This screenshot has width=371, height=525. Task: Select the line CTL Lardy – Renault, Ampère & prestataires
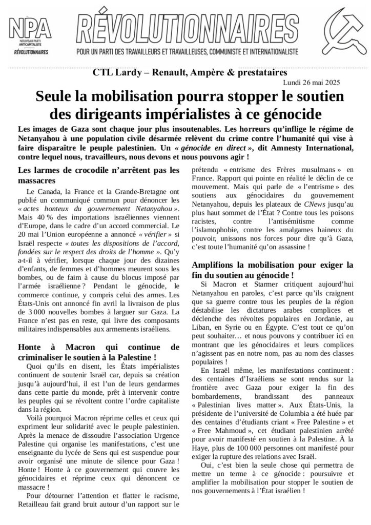coord(186,73)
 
